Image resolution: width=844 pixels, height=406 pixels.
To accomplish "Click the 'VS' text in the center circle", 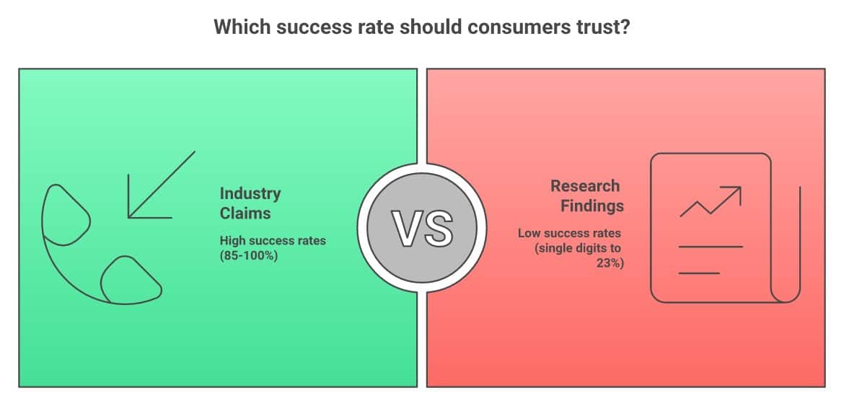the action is tap(422, 228).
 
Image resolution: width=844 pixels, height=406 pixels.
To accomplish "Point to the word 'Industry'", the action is tap(250, 194).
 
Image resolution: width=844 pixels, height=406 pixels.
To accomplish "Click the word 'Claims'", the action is tap(245, 213).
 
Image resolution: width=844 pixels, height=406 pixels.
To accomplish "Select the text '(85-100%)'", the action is tap(249, 255).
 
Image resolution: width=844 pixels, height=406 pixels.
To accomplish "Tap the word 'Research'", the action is tap(585, 186).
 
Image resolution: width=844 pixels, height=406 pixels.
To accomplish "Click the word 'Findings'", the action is tap(592, 206).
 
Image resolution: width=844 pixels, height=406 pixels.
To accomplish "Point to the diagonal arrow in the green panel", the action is tap(162, 185).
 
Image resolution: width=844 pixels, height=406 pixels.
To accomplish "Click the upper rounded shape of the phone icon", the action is tap(66, 215).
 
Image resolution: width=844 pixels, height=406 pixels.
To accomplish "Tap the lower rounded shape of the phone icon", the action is tap(131, 279).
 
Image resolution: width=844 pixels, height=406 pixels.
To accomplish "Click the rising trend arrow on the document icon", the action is tap(711, 202).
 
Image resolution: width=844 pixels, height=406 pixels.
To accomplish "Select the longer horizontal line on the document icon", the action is tap(711, 247).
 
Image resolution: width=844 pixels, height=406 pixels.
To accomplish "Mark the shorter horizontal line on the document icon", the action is tap(699, 273).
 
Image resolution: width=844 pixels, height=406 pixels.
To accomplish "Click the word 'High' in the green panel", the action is tap(232, 240).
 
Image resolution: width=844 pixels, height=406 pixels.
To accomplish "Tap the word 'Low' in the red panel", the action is tap(529, 234).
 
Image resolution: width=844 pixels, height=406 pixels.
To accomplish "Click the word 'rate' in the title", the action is tap(379, 27).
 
